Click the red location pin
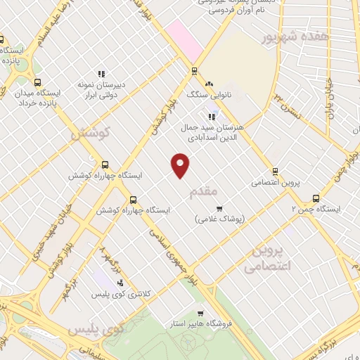pyautogui.click(x=181, y=163)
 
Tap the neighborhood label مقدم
pyautogui.click(x=223, y=190)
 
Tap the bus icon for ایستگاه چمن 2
pyautogui.click(x=315, y=198)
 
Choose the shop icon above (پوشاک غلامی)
pyautogui.click(x=219, y=208)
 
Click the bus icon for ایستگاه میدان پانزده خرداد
pyautogui.click(x=37, y=82)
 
